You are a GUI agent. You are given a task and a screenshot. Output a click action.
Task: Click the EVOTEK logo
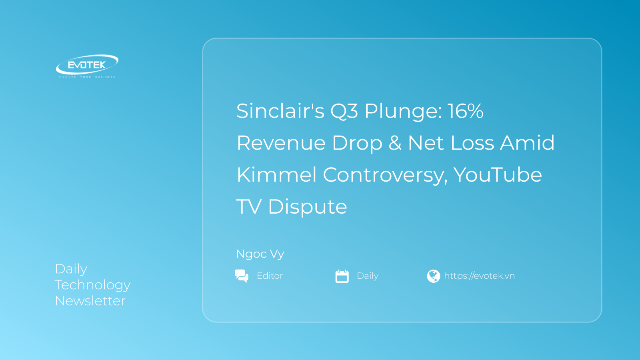[x=87, y=66]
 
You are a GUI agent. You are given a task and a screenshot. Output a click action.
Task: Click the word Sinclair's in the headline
[x=280, y=111]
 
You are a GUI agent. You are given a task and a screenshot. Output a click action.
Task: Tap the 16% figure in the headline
[x=465, y=111]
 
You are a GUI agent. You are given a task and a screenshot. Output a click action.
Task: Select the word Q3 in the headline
[x=344, y=111]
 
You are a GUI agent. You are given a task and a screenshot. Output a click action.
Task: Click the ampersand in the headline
[x=395, y=143]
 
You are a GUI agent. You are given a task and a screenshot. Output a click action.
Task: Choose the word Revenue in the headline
[x=281, y=143]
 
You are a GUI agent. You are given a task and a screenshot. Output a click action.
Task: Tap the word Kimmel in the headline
[x=276, y=175]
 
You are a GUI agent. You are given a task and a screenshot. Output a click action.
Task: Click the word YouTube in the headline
[x=498, y=175]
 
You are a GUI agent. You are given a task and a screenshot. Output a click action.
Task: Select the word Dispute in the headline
[x=307, y=207]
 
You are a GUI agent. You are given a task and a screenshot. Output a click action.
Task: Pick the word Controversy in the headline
[x=385, y=175]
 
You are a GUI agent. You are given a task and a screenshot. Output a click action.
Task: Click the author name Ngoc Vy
[x=260, y=254]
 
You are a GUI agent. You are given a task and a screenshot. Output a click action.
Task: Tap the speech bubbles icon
[x=242, y=276]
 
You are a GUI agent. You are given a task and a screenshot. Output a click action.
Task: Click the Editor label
[x=270, y=276]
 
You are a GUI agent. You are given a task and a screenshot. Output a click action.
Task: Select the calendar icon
[x=342, y=276]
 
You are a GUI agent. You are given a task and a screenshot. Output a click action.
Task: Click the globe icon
[x=433, y=276]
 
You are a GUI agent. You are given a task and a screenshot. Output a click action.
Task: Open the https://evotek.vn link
[x=479, y=276]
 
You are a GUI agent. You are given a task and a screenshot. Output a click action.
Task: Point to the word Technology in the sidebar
[x=92, y=285]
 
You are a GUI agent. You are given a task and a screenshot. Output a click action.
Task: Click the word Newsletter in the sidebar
[x=90, y=301]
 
